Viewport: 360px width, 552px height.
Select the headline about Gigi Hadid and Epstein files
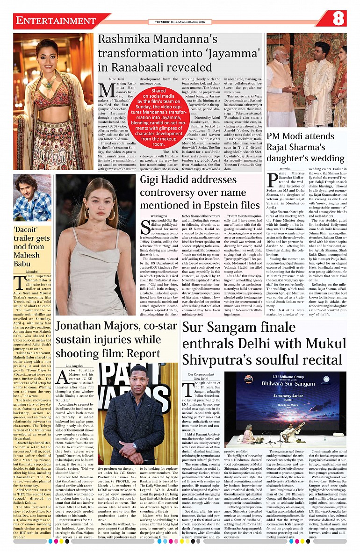[x=200, y=193]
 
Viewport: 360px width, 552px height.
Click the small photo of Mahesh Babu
[x=32, y=198]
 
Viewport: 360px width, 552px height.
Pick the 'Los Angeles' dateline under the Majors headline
[x=75, y=365]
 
